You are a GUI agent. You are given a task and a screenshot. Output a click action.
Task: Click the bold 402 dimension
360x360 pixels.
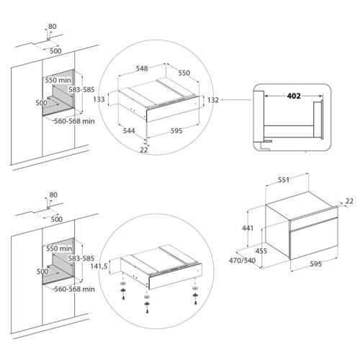point(294,96)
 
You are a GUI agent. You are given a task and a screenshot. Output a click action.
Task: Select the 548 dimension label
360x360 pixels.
point(142,68)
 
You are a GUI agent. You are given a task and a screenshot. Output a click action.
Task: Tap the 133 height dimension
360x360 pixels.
point(99,99)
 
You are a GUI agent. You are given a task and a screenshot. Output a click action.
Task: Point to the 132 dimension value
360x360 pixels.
point(213,100)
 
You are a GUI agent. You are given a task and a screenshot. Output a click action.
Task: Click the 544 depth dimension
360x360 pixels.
point(129,131)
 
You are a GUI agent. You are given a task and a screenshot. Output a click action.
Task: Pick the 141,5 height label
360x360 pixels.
point(99,266)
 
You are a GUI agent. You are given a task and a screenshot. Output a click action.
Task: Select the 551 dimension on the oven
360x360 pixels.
point(284,180)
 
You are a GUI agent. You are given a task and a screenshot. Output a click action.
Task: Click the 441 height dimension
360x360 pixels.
point(248,228)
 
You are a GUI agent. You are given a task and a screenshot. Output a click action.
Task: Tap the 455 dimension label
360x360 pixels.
point(261,251)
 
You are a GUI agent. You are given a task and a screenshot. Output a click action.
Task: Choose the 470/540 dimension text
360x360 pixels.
point(242,261)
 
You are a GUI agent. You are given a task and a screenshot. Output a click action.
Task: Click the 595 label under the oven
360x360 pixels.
point(315,264)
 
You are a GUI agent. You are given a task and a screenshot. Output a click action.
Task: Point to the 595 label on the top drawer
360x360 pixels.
point(176,131)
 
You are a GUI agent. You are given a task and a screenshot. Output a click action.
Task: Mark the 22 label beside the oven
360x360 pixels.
point(349,201)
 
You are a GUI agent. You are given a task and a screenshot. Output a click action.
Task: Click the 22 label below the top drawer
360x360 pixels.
point(144,150)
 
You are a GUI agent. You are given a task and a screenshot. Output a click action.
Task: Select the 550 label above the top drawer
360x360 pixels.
point(184,73)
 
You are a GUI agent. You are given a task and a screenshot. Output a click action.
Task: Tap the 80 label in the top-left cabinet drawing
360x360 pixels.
point(53,27)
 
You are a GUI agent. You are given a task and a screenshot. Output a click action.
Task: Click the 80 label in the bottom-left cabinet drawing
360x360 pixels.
point(53,195)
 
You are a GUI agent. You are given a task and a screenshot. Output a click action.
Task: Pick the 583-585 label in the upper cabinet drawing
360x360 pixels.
point(81,90)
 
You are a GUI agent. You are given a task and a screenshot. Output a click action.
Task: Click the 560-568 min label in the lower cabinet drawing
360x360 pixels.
point(74,289)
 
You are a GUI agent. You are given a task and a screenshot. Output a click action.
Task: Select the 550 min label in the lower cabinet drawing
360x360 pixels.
point(59,248)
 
